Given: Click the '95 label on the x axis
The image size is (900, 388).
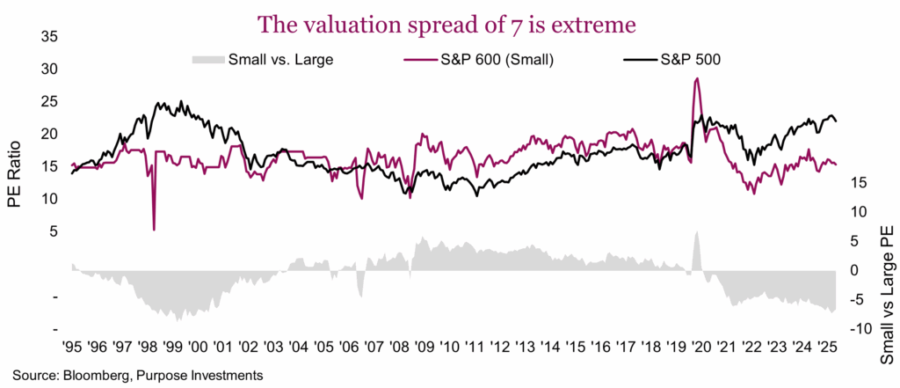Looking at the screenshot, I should tap(73, 346).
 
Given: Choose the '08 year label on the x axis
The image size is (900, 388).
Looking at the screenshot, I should tap(397, 346).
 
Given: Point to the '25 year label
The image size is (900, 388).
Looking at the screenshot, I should tap(823, 346).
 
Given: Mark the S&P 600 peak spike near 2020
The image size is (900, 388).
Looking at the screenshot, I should tap(697, 79).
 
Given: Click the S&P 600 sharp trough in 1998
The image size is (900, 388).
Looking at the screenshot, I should tap(155, 230).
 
